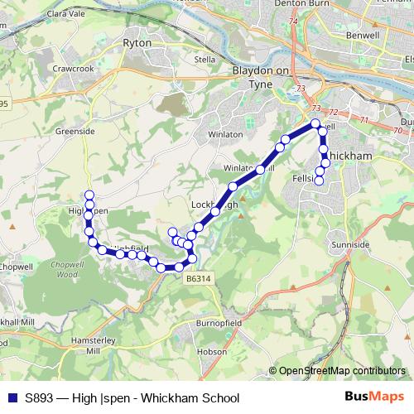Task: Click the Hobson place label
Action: point(211,351)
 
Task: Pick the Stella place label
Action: point(204,60)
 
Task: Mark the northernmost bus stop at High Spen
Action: point(89,195)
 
